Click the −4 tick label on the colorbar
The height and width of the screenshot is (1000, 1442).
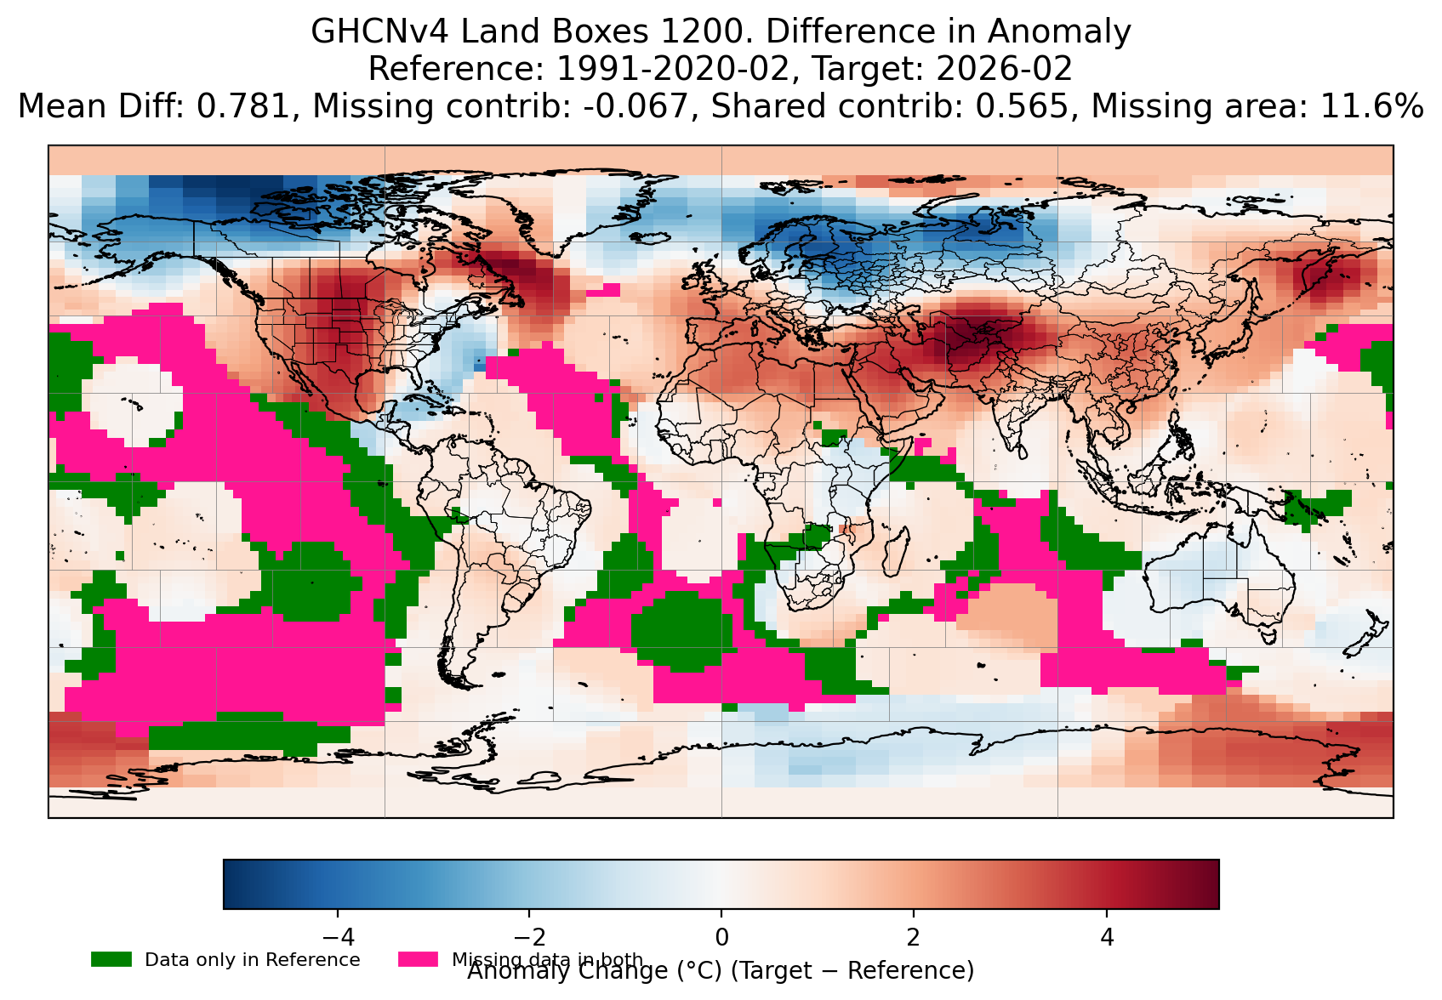(337, 938)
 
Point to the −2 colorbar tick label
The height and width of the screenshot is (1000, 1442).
(528, 938)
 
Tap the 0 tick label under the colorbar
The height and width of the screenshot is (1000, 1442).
(721, 938)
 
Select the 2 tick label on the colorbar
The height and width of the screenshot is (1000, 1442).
(914, 938)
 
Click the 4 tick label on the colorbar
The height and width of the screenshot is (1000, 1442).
(1106, 938)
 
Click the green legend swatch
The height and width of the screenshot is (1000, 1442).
(111, 959)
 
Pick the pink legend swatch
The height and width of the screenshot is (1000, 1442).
(418, 959)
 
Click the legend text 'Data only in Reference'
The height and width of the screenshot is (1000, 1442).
(253, 960)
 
